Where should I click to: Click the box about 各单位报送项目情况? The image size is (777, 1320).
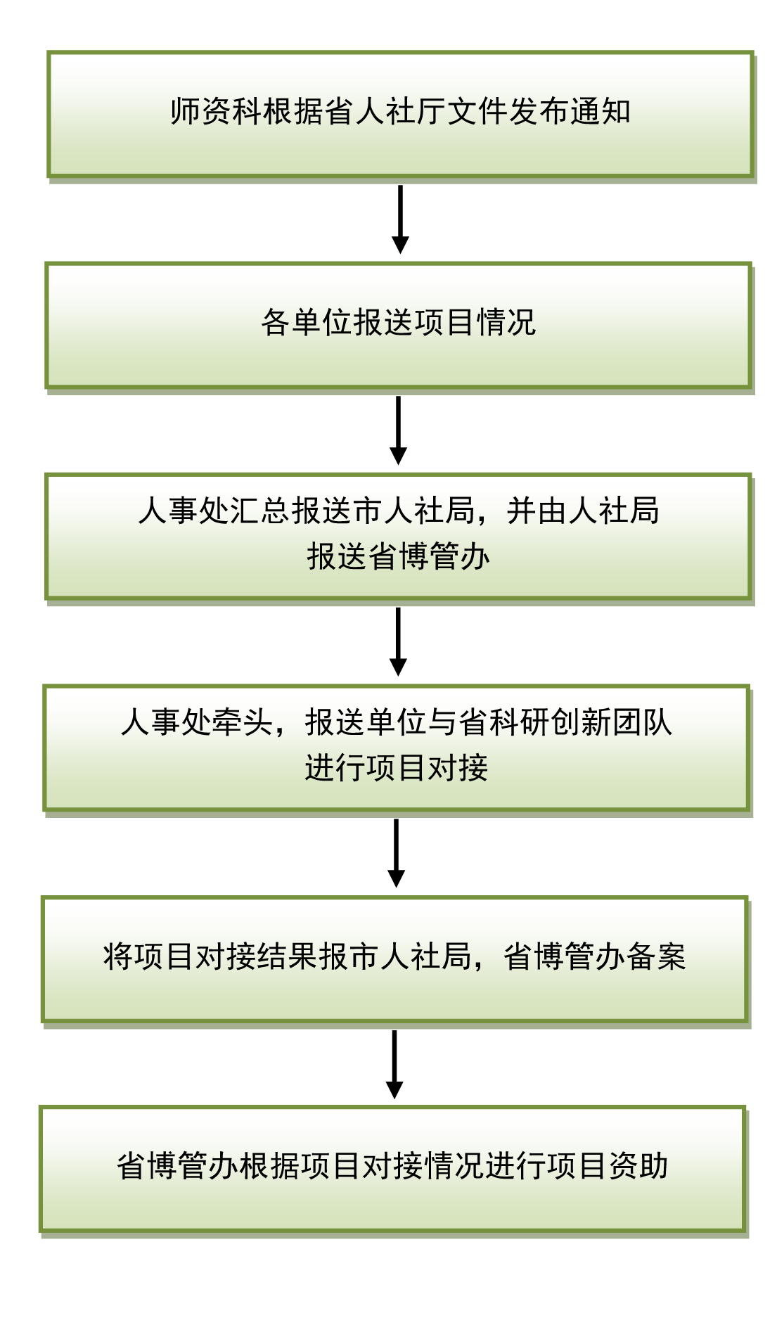coord(399,326)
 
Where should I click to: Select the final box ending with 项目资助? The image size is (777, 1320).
coord(393,1169)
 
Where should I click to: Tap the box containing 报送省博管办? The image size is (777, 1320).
coord(399,537)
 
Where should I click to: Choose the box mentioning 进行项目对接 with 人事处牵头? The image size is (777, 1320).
coord(397,748)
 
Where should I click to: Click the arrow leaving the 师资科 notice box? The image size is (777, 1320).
coord(400,219)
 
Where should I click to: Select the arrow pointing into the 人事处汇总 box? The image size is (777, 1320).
coord(399,430)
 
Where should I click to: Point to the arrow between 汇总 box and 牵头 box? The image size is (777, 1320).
coord(398,641)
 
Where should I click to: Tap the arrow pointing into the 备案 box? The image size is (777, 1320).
coord(397,853)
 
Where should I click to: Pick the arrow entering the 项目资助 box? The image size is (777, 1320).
coord(394,1064)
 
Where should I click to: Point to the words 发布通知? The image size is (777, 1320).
coord(570,112)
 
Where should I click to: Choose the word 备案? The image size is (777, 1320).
coord(656,956)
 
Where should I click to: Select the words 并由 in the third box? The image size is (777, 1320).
coord(537,511)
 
